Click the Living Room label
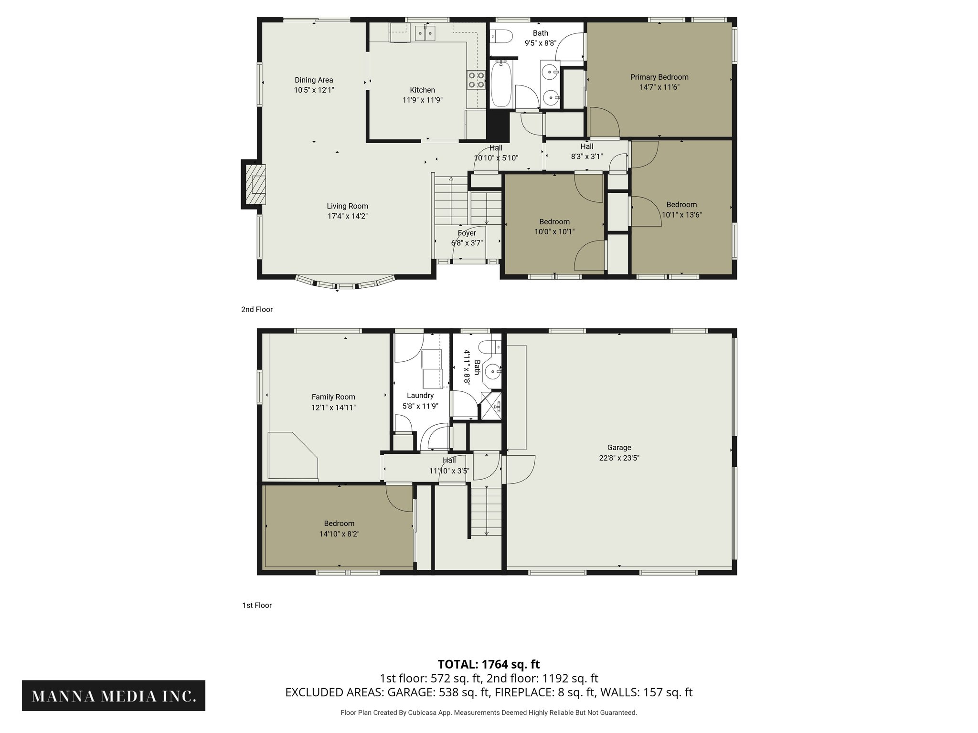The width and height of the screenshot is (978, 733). [347, 206]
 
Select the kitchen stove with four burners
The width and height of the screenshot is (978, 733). [476, 80]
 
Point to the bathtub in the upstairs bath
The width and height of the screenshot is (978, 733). [501, 89]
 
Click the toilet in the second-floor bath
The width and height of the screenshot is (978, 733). [501, 36]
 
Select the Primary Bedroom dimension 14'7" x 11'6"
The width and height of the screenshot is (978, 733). [659, 87]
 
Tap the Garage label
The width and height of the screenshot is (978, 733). [619, 448]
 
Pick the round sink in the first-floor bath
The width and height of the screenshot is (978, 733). [492, 371]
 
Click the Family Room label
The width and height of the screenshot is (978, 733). [333, 397]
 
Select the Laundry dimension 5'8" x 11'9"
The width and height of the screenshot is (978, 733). [420, 406]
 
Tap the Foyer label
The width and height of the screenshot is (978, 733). [467, 233]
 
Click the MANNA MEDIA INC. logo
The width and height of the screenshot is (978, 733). [114, 695]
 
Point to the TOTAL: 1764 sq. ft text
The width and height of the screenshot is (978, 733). [489, 664]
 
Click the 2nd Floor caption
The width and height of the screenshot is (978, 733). [257, 309]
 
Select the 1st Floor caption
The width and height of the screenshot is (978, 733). [257, 605]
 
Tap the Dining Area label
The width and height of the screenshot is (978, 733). [314, 80]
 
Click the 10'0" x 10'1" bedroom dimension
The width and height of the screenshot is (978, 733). [554, 232]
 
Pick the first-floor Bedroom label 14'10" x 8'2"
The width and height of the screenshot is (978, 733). [339, 524]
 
